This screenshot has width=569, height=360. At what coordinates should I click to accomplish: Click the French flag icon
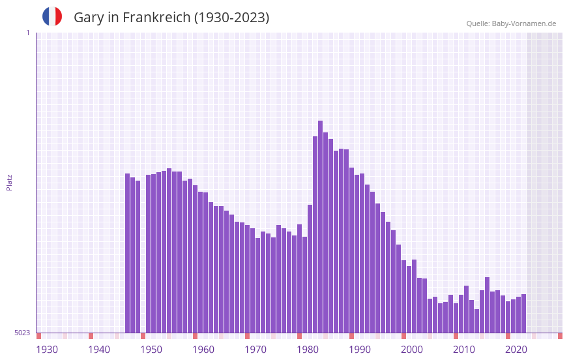point(52,16)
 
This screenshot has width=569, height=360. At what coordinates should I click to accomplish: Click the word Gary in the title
point(87,18)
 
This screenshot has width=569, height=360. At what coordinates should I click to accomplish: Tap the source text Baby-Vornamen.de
point(523,23)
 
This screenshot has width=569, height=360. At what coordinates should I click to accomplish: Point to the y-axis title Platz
point(9,182)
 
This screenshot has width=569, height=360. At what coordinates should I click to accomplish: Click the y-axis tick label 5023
point(22,333)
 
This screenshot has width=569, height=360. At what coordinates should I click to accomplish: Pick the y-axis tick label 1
point(27,33)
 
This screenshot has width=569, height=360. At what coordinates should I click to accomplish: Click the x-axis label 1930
point(47,350)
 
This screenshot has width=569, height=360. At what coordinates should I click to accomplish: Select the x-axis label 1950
point(151,350)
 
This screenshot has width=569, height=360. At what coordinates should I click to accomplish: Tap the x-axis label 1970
point(255,350)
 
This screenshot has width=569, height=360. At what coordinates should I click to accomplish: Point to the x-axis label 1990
point(360,350)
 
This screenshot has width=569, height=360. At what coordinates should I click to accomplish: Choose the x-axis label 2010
point(464,350)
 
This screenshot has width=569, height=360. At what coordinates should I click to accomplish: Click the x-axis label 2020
point(516,350)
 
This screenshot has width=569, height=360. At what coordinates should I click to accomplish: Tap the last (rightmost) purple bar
point(524,313)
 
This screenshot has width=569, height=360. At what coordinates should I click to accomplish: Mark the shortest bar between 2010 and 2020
point(477,321)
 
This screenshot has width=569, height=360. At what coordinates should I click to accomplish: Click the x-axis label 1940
point(99,350)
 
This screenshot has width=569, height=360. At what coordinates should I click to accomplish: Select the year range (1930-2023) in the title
point(231,18)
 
